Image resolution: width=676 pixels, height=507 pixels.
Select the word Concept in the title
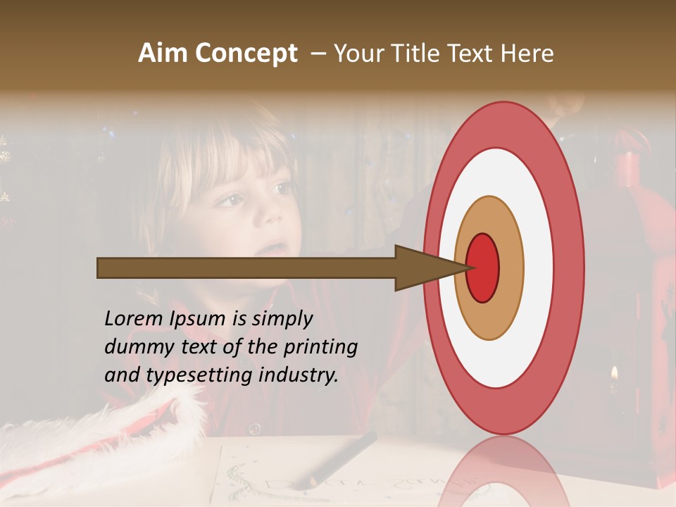point(246,54)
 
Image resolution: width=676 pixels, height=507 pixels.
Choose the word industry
point(299,375)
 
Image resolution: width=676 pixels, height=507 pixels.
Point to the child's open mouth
point(276,248)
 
